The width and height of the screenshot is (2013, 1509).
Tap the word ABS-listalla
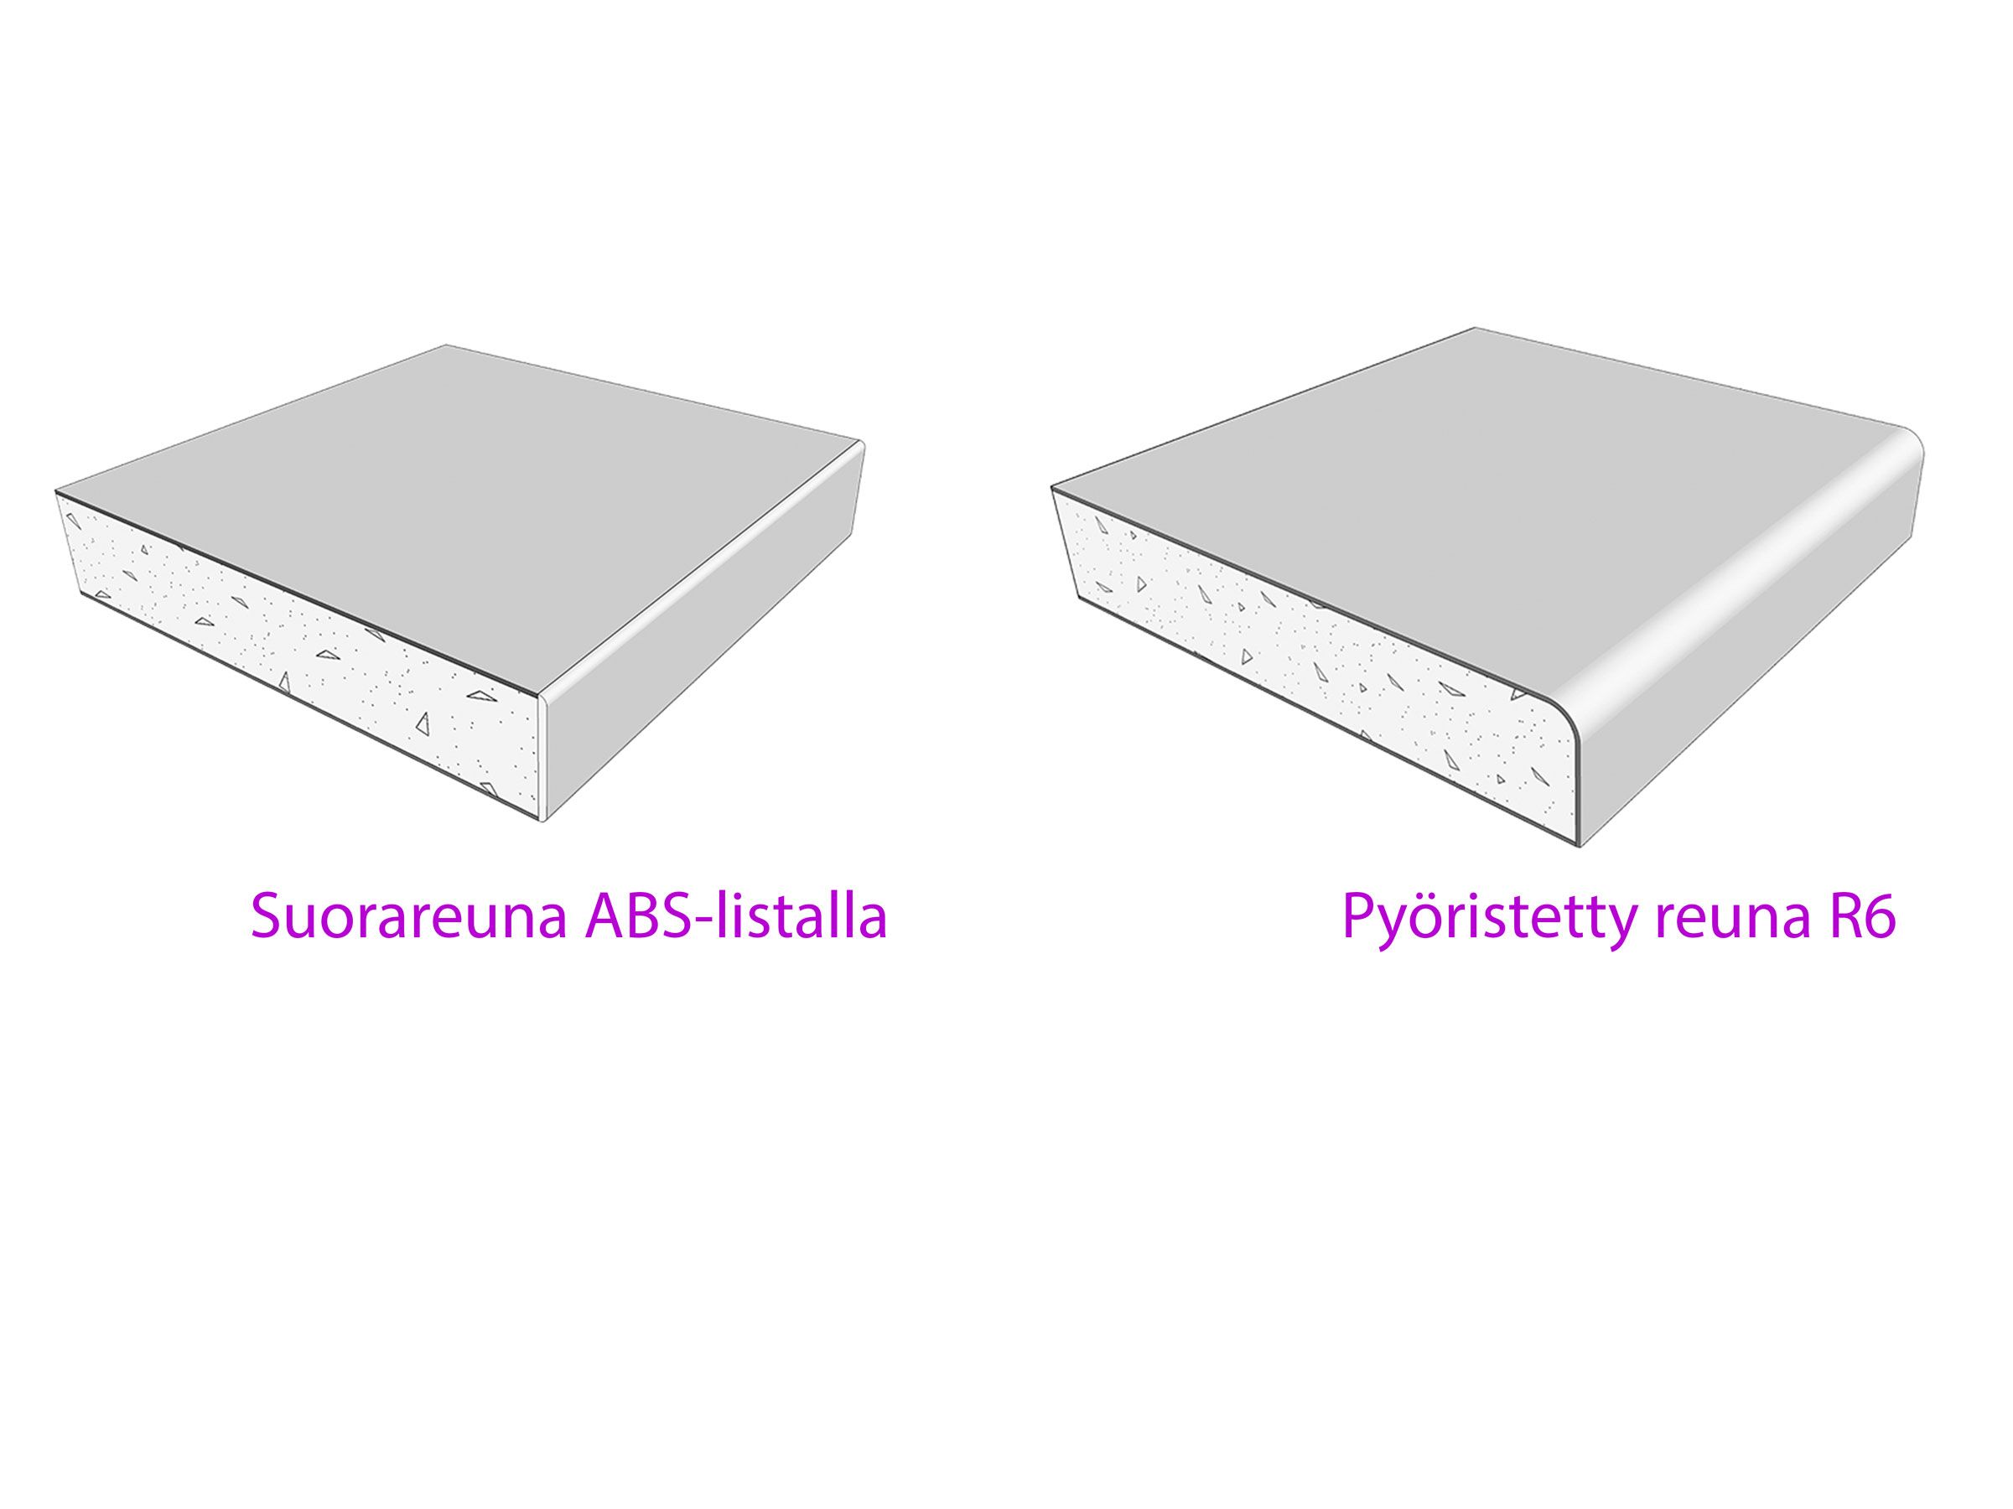(736, 915)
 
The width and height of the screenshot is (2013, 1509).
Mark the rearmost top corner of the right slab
(1474, 328)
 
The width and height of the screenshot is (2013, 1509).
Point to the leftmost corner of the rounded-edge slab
(1053, 489)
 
